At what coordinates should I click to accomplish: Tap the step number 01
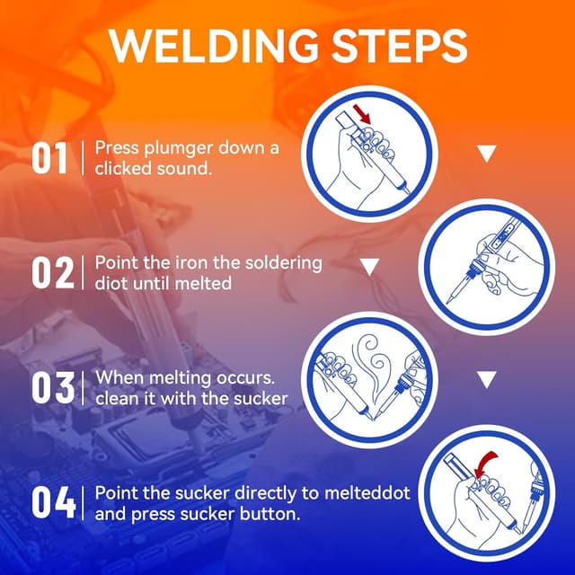tap(50, 159)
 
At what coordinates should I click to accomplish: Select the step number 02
tap(51, 273)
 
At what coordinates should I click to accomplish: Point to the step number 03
tap(51, 387)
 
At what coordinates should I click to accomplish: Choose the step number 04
tap(51, 502)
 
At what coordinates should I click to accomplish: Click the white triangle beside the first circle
tap(486, 155)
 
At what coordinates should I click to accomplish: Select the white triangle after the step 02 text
tap(368, 268)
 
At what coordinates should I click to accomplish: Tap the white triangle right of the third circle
tap(486, 380)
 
